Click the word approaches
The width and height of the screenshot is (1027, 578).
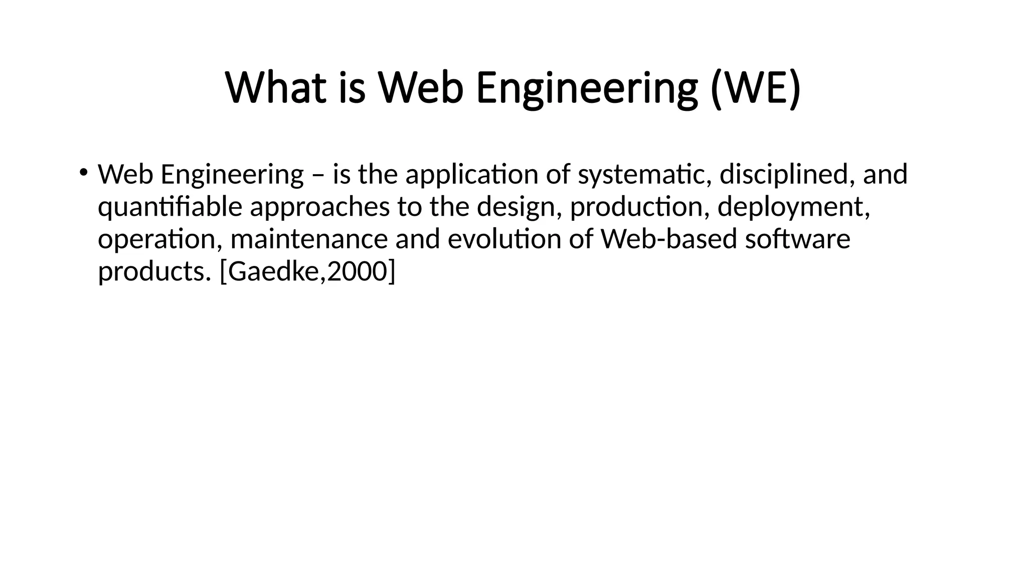[x=319, y=207]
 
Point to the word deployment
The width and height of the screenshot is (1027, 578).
[x=793, y=207]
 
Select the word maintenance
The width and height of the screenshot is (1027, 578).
[x=309, y=239]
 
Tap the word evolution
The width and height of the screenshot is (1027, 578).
[x=504, y=239]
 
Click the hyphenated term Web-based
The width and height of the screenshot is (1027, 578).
[x=669, y=239]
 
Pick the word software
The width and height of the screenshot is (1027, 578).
[x=797, y=239]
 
